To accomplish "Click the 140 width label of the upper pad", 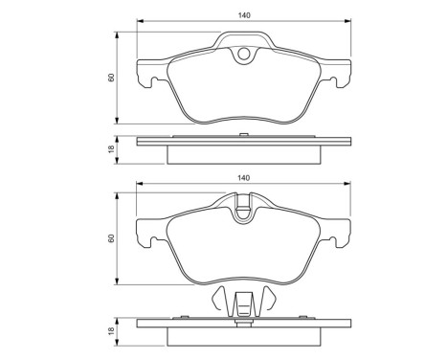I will click(243, 12).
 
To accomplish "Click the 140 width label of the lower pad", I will click(243, 179).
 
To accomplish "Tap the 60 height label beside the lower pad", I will click(112, 237).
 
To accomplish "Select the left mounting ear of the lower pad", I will click(146, 233).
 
